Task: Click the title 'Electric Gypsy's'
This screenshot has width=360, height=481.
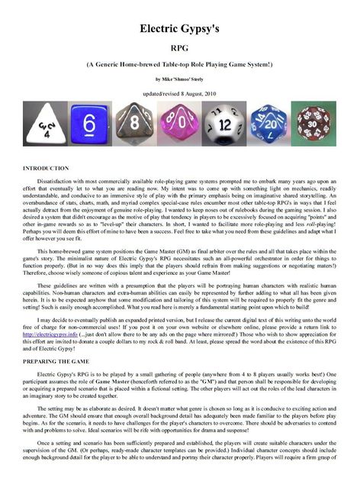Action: [179, 29]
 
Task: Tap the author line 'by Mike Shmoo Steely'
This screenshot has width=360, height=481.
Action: [179, 79]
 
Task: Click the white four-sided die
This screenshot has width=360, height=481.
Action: [47, 124]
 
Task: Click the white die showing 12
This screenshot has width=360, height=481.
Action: [224, 124]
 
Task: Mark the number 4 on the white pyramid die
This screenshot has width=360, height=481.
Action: [46, 131]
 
